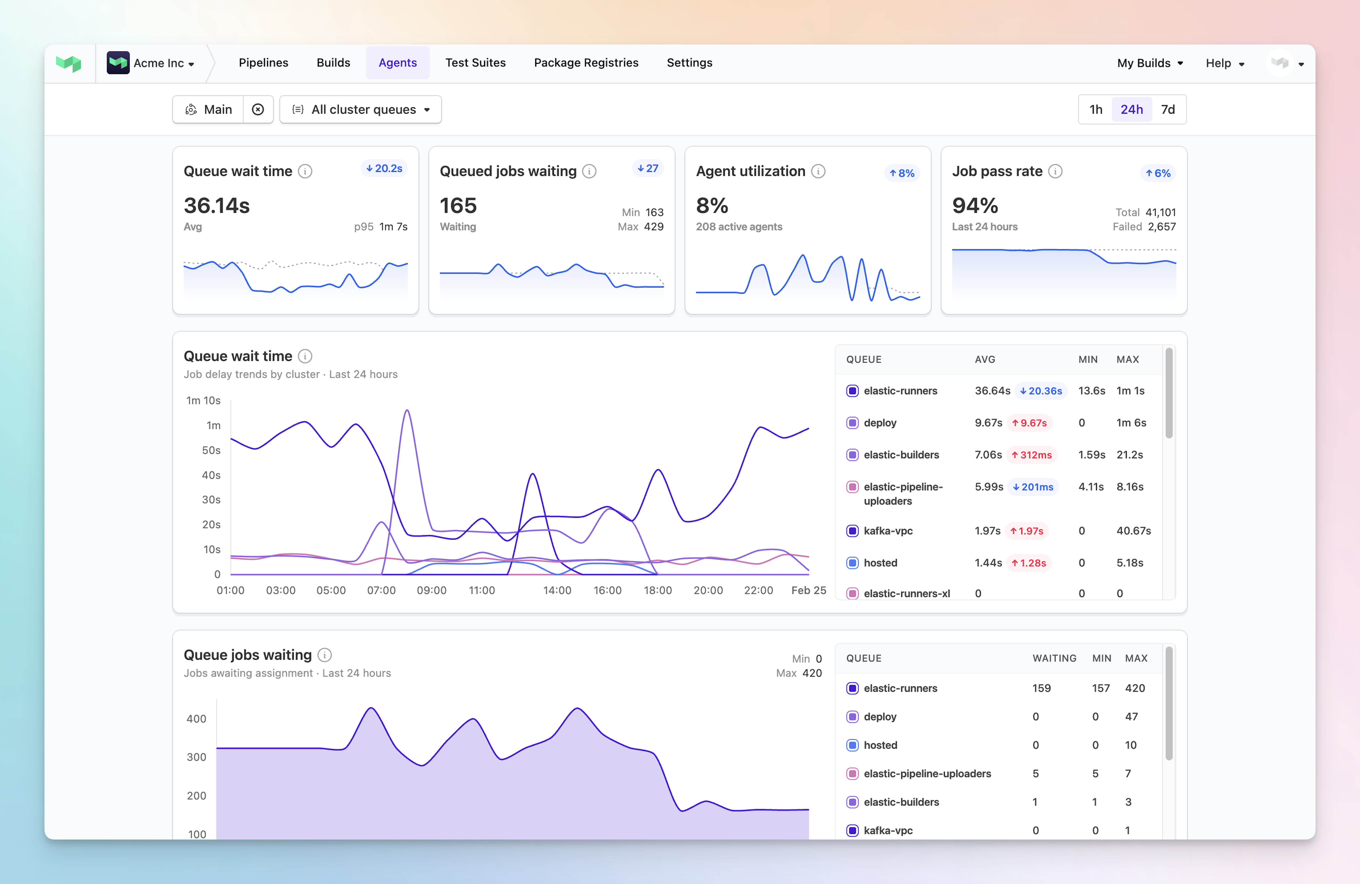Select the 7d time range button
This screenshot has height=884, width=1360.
pos(1167,109)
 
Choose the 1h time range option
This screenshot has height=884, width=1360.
pos(1095,109)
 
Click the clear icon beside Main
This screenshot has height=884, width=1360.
pos(258,109)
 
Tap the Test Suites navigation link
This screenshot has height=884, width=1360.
pos(475,63)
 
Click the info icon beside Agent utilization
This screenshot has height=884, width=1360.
pos(818,171)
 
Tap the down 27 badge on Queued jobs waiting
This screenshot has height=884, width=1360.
pos(648,169)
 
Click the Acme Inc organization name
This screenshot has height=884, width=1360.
pos(159,63)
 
